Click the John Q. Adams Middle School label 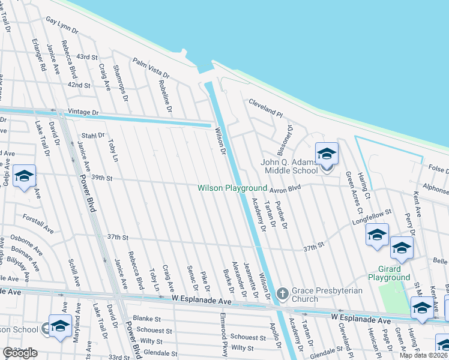pyautogui.click(x=289, y=166)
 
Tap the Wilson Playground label pyautogui.click(x=232, y=188)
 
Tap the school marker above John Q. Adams pyautogui.click(x=327, y=155)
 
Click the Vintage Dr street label pyautogui.click(x=83, y=112)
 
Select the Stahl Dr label pyautogui.click(x=93, y=136)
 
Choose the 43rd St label pyautogui.click(x=87, y=57)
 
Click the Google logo pyautogui.click(x=20, y=353)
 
